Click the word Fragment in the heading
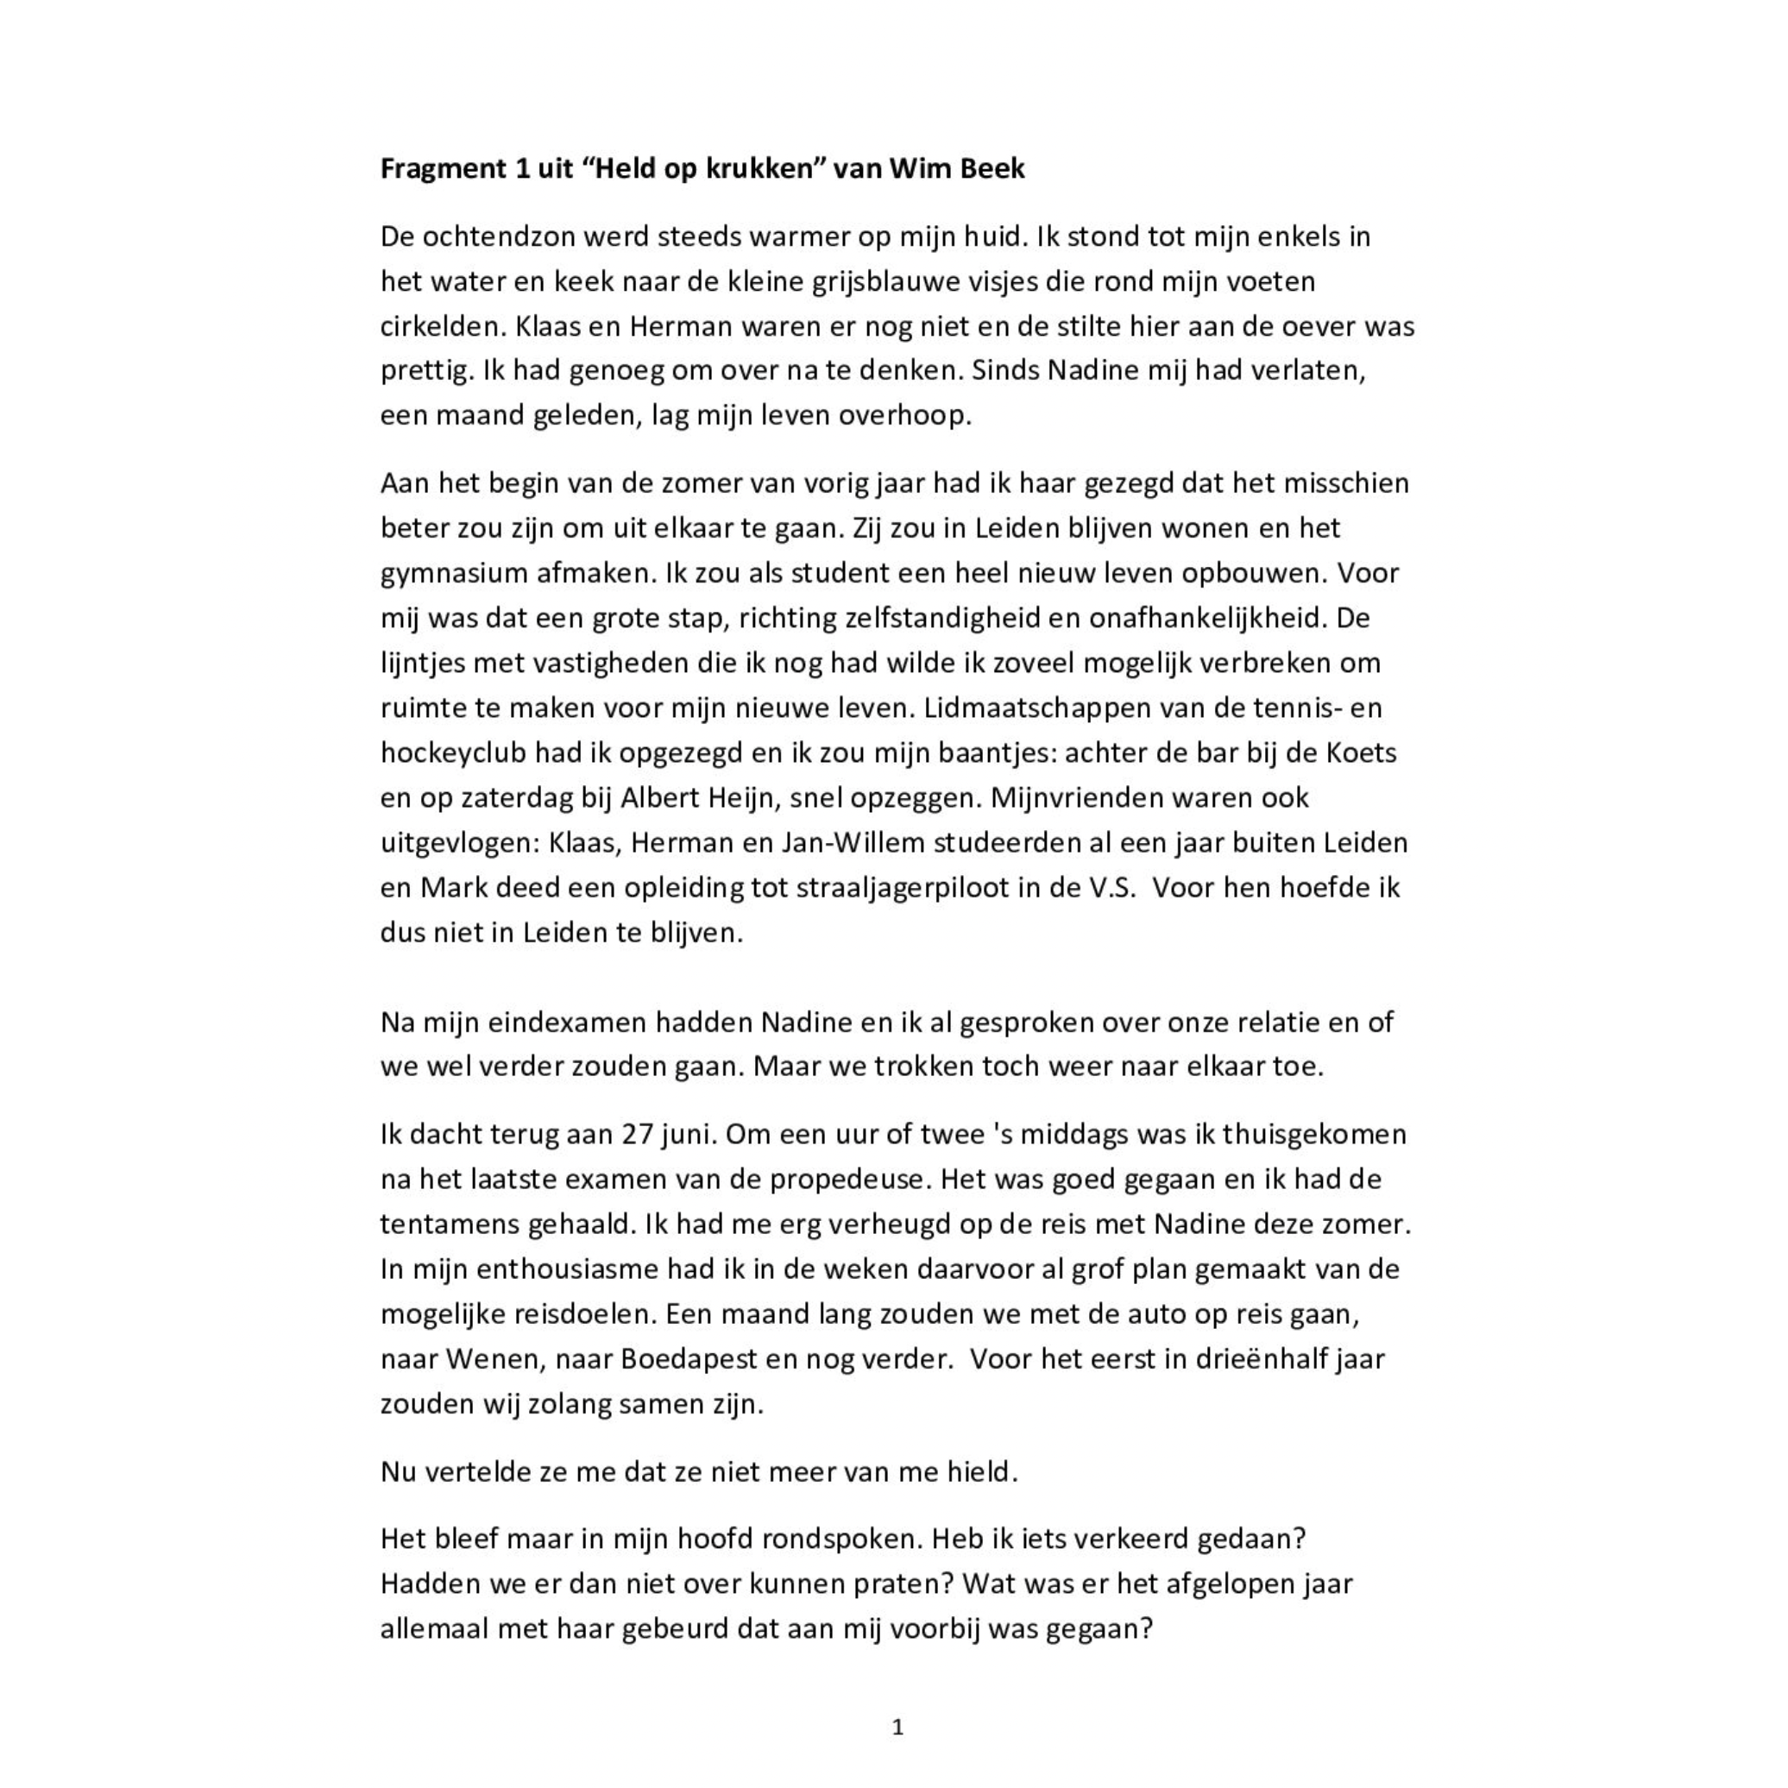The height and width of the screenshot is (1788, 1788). coord(443,169)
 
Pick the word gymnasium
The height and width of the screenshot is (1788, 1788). coord(454,574)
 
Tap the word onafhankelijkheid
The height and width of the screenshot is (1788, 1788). coord(1208,618)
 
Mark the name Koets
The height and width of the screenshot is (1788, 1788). coord(1362,753)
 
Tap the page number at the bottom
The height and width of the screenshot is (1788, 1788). coord(897,1727)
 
